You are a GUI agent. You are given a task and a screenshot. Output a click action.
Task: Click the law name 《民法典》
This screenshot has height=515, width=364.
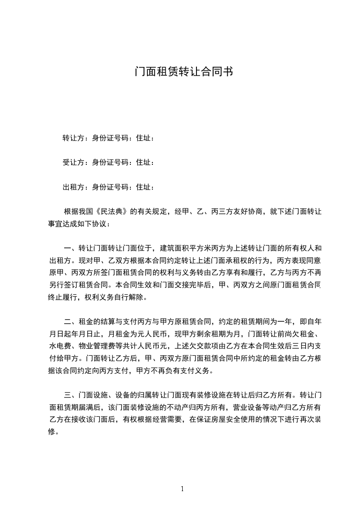(x=112, y=212)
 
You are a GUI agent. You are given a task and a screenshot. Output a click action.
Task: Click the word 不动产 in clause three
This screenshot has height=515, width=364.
(x=180, y=407)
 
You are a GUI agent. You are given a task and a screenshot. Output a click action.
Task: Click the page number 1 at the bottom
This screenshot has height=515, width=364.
(x=182, y=489)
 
